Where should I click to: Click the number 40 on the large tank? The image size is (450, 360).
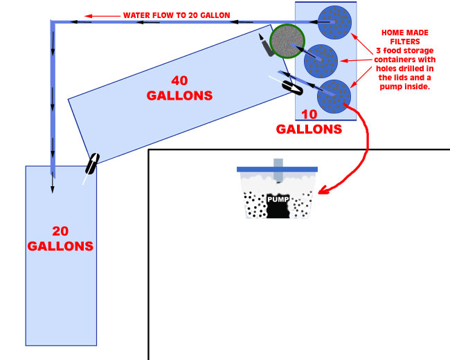coord(179,77)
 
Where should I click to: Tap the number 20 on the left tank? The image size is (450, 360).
coord(60,231)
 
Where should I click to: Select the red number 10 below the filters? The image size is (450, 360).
coord(309,114)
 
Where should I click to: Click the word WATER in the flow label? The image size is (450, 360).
coord(139,15)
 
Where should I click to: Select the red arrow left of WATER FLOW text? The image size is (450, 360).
coord(101,15)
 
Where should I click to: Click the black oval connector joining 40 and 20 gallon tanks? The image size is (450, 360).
coord(91,165)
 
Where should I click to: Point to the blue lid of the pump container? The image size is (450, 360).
coord(276,169)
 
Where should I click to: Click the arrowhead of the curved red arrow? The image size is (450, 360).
coord(321,187)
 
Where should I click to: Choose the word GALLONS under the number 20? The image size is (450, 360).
coord(60,246)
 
